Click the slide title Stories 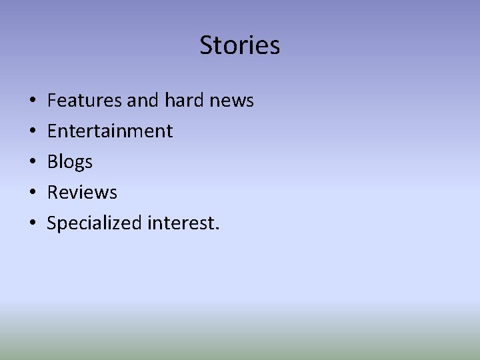tap(240, 45)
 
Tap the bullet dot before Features tap(33, 101)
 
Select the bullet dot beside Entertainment tap(33, 131)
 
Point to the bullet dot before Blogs tap(33, 162)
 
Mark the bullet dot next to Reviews tap(33, 193)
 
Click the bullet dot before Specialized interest tap(33, 223)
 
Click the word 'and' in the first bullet tap(141, 101)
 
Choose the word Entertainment tap(110, 131)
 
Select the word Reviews tap(82, 193)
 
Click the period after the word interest tap(216, 229)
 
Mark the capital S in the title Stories tap(206, 45)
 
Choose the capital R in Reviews tap(53, 193)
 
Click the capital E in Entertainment tap(52, 131)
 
